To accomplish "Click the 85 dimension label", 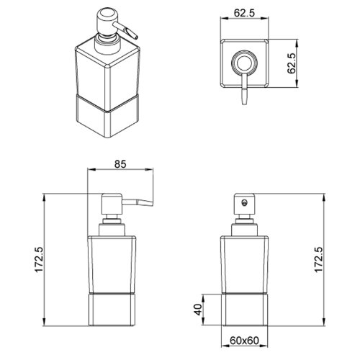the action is [x=120, y=164].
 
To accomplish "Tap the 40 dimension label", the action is [x=199, y=310].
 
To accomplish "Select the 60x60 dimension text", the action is [x=244, y=340].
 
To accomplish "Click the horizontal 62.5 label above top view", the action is [x=244, y=13].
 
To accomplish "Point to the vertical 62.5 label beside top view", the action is [x=292, y=63].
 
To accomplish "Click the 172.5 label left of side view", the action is [x=39, y=260].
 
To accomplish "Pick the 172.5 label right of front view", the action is [x=319, y=259].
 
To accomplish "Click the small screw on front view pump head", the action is [x=244, y=203].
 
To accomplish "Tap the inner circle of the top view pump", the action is [x=244, y=63].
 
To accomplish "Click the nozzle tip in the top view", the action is [x=244, y=102].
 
